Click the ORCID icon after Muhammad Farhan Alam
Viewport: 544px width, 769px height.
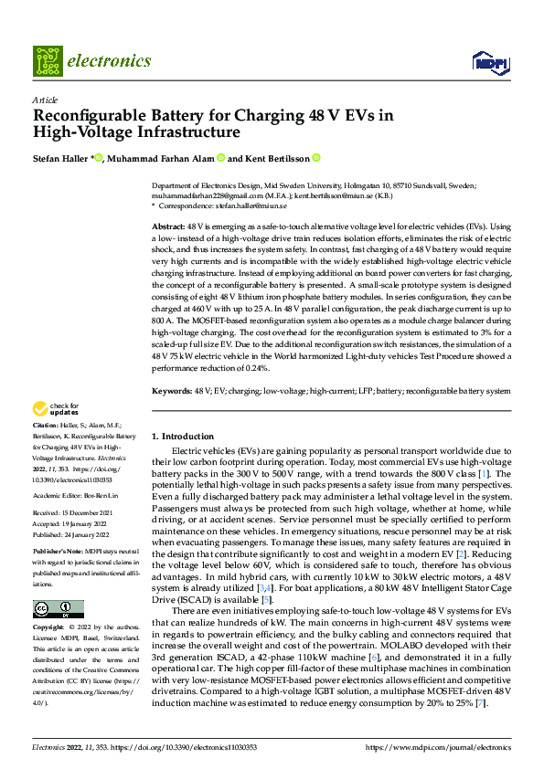click(x=221, y=158)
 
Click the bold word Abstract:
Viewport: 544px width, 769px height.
click(x=168, y=225)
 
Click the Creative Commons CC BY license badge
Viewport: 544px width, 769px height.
click(x=58, y=609)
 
